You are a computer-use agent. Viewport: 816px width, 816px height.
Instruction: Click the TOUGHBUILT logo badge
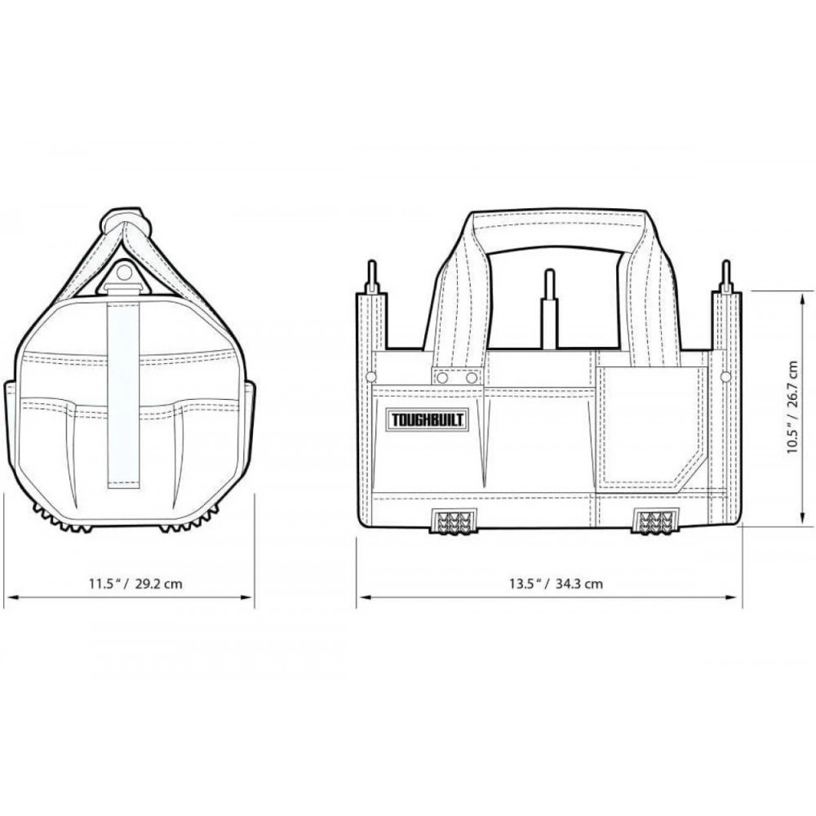click(426, 419)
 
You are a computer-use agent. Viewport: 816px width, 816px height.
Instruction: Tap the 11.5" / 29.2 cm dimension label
click(135, 583)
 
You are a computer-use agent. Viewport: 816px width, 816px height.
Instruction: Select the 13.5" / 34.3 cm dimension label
click(555, 583)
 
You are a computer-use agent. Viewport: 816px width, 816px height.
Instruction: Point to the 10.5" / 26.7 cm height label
click(792, 407)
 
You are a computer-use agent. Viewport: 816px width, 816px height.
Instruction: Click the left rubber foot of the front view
click(452, 521)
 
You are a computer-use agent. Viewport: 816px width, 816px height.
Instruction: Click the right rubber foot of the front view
click(654, 521)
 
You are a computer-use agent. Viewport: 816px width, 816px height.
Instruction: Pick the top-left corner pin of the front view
click(371, 277)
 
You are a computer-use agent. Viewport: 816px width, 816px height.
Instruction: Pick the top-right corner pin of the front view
click(725, 277)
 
